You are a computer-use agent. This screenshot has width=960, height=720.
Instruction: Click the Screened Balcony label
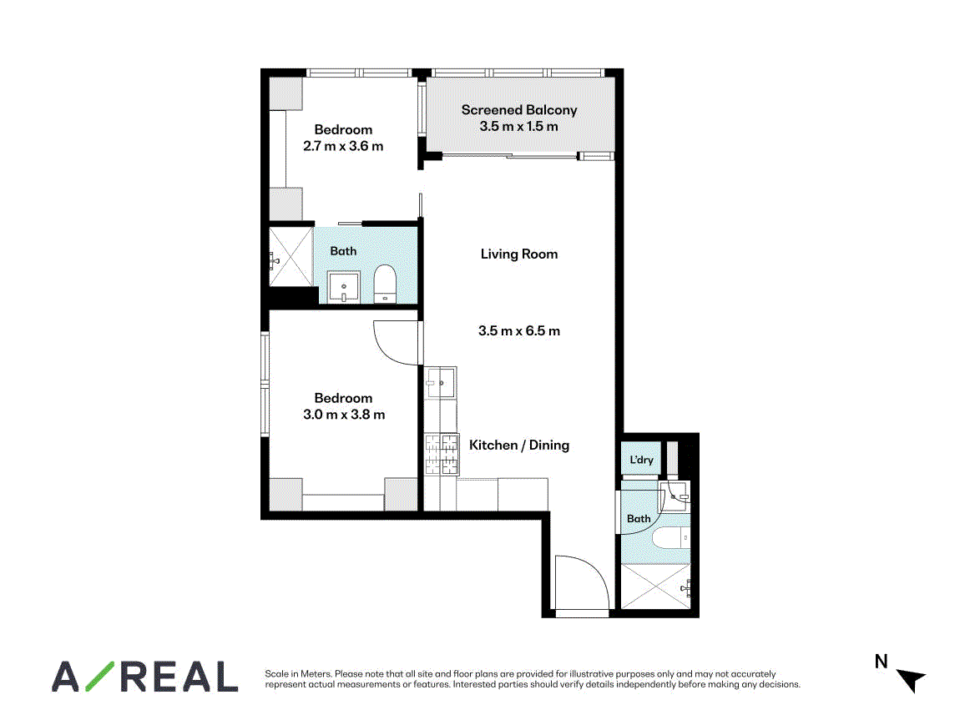point(518,110)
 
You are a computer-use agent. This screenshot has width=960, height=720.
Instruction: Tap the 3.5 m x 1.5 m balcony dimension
point(518,127)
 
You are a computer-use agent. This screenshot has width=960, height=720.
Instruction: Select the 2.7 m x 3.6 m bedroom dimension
point(343,146)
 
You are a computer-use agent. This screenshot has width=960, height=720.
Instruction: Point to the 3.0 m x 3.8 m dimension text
point(344,415)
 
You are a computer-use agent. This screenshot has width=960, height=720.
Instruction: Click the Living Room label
point(519,254)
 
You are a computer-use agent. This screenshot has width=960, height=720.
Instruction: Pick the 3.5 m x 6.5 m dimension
point(519,331)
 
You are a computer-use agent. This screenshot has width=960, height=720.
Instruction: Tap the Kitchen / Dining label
point(519,446)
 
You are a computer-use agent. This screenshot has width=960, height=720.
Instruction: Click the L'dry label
point(642,460)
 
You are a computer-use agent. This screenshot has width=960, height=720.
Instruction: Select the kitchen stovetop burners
point(442,454)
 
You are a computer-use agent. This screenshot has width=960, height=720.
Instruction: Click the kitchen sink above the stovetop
point(440,383)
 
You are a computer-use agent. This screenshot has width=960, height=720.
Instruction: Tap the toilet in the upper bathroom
point(385,284)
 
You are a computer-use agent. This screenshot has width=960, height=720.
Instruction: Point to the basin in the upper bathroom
point(343,288)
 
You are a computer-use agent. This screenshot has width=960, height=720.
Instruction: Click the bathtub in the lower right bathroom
point(671,539)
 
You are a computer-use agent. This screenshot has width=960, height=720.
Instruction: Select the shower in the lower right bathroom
point(655,586)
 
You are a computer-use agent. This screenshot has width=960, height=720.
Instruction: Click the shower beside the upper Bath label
point(291,256)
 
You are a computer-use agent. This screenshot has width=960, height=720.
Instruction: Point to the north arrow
point(911,680)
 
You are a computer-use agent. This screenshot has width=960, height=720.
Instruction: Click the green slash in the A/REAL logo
point(100,677)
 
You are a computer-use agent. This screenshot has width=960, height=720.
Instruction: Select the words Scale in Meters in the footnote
point(299,674)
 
